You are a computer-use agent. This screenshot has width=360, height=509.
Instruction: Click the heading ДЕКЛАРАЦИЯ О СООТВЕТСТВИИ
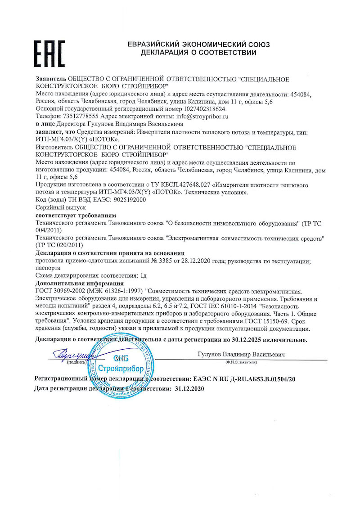[x=198, y=53]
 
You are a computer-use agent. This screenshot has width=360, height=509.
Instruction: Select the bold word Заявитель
[x=51, y=80]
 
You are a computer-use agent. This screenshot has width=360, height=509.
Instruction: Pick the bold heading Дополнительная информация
[x=79, y=283]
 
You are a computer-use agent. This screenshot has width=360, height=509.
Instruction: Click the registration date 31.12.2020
[x=189, y=388]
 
